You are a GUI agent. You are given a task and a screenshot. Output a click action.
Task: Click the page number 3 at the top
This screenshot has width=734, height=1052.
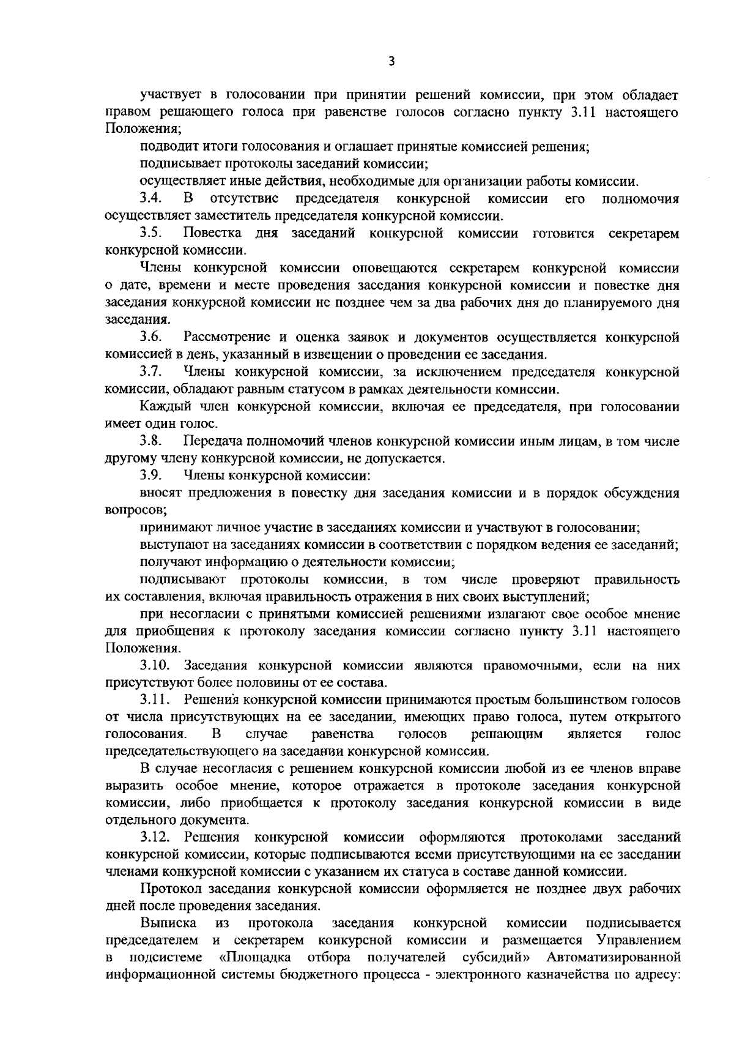pos(391,61)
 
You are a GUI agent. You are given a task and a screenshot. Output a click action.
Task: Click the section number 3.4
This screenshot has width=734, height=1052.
pos(150,198)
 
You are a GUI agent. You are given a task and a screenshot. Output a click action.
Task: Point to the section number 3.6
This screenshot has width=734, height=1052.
pos(150,337)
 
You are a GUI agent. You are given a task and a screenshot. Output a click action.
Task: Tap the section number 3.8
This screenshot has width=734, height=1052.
pos(150,441)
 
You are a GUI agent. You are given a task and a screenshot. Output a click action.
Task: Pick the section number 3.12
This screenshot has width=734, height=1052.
pos(152,837)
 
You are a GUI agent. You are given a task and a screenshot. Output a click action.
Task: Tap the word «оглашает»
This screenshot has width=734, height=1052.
pos(358,147)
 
